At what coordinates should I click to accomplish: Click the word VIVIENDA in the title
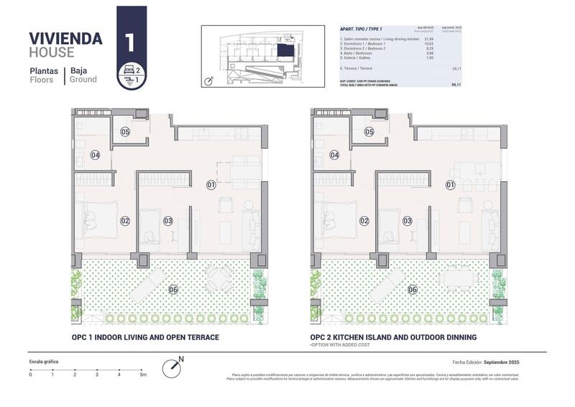[65, 38]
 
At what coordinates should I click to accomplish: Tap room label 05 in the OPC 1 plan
[125, 132]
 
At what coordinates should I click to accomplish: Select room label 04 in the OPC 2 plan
[334, 155]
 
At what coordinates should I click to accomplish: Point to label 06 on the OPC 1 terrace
[173, 289]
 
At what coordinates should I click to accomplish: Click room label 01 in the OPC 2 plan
[451, 185]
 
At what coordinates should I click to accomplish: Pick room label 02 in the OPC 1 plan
[125, 221]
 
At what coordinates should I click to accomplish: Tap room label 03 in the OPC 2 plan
[408, 221]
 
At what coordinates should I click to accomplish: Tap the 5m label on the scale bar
[143, 375]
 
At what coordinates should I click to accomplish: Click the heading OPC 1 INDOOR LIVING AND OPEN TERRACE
[144, 337]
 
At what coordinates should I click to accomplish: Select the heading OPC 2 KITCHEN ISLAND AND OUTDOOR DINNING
[393, 337]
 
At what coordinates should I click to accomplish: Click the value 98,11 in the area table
[456, 84]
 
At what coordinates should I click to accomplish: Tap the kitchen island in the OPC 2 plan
[477, 170]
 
